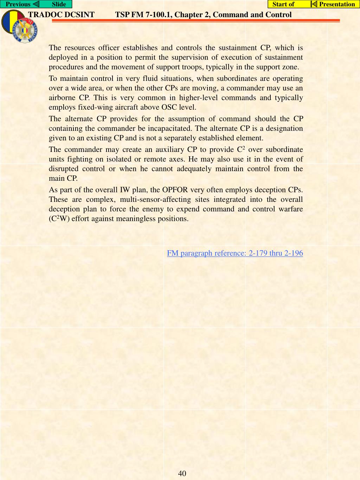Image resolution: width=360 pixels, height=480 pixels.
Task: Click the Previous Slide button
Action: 36,4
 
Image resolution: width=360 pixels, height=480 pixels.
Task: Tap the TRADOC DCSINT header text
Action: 61,15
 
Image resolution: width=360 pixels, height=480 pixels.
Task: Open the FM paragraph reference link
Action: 235,253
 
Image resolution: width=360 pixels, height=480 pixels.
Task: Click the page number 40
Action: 182,473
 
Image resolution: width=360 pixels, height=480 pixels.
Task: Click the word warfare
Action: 290,209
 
